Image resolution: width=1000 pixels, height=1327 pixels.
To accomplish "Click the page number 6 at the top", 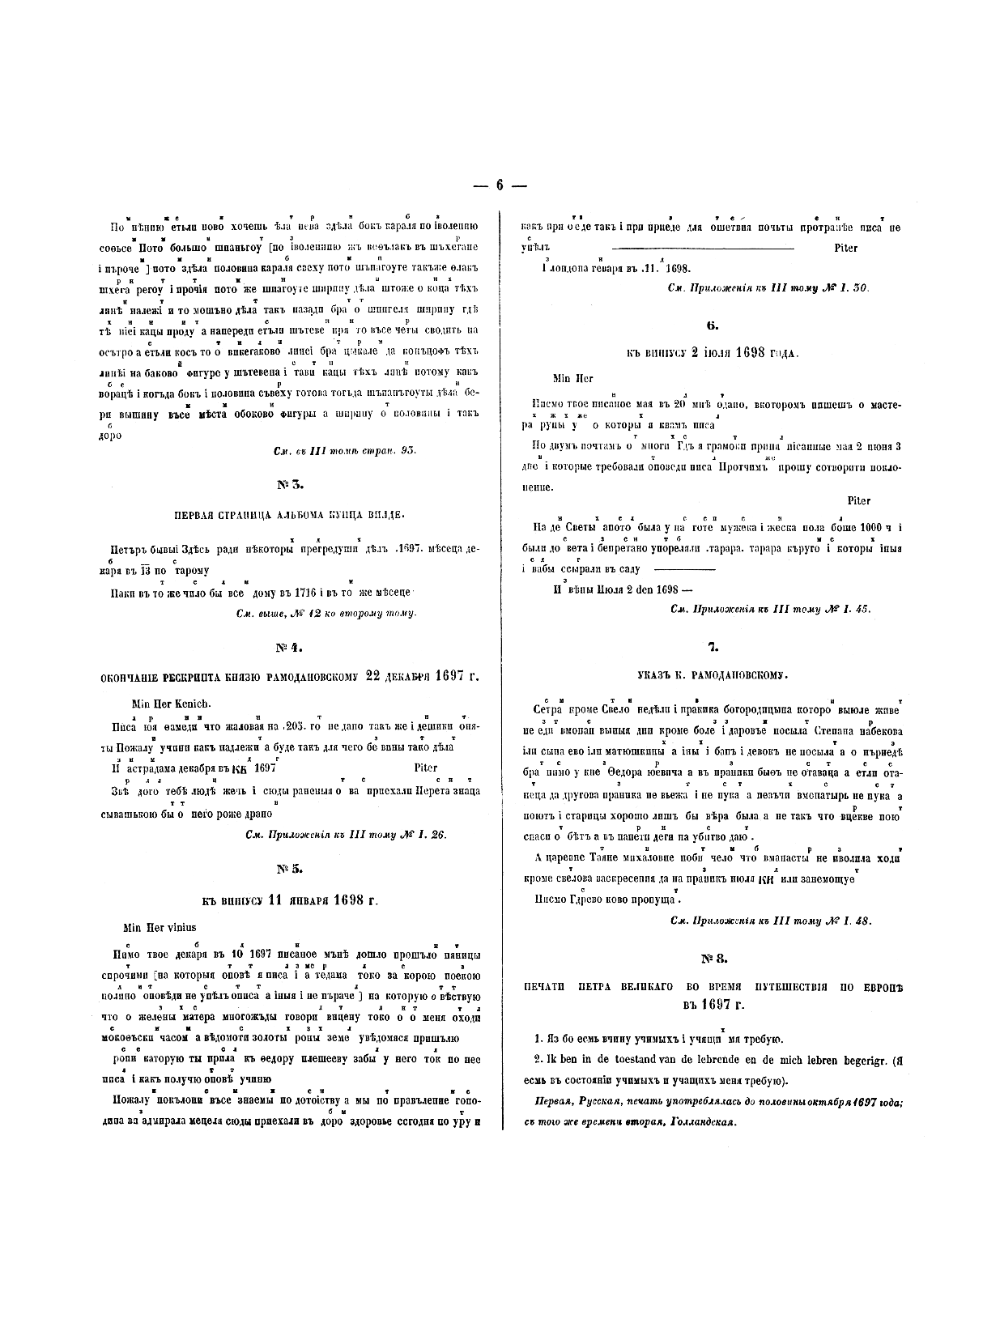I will click(500, 185).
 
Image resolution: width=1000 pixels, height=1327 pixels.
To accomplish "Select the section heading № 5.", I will click(290, 869).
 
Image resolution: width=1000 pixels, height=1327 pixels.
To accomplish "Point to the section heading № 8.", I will click(714, 959).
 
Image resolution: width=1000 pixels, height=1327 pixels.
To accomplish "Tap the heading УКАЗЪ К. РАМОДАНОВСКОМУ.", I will click(713, 674).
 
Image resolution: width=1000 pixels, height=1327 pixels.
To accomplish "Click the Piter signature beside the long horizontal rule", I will click(845, 248).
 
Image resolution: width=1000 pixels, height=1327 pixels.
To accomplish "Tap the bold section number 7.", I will click(713, 647).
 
